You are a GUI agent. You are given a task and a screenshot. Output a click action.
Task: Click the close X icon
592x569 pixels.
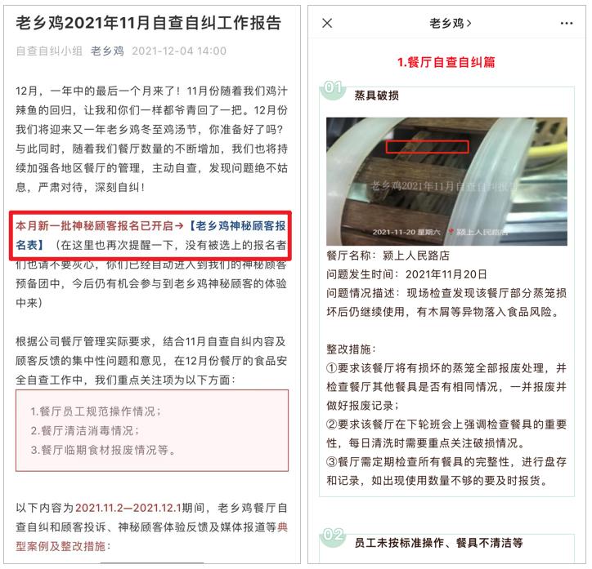point(327,23)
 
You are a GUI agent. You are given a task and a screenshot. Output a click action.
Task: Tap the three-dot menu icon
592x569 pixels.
point(567,24)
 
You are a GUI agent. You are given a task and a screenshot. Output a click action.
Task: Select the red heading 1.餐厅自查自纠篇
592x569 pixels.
point(446,62)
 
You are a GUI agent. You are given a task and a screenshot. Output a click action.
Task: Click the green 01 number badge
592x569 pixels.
point(333,88)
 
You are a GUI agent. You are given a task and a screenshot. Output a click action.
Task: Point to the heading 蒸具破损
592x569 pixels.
point(376,96)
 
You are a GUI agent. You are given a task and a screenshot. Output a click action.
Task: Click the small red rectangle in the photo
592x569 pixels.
point(427,147)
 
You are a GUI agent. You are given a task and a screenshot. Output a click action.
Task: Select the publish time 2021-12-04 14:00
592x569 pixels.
point(179,51)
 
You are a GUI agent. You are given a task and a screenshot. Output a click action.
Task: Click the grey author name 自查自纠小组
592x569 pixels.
point(49,51)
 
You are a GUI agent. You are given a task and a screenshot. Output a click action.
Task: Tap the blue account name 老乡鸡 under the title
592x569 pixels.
point(107,51)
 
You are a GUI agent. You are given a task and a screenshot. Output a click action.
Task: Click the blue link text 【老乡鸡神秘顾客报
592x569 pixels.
point(237,225)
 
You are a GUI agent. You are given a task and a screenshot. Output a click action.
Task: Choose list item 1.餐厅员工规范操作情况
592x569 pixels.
point(96,411)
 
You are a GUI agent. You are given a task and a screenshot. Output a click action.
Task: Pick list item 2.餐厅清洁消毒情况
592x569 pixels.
point(85,430)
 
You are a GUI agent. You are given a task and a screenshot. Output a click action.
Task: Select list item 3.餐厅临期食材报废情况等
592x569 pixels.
point(103,450)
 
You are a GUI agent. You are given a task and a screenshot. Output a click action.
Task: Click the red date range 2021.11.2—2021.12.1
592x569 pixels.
point(128,508)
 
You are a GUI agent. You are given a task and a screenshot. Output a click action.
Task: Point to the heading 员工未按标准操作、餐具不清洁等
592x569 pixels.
point(439,543)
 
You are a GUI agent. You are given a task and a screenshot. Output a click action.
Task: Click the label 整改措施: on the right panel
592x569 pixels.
point(352,349)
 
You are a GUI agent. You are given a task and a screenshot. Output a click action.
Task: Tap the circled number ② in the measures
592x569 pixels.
point(331,425)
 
